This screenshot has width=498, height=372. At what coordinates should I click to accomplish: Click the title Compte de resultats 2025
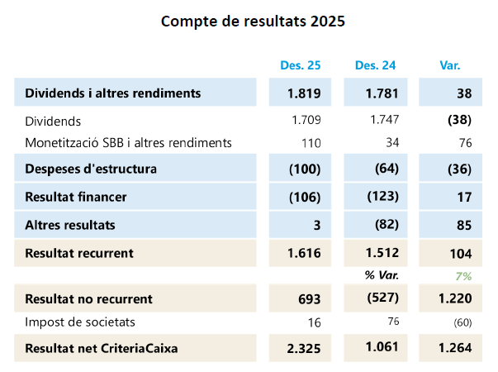[x=252, y=21]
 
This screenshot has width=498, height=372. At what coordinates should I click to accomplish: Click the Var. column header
[x=450, y=65]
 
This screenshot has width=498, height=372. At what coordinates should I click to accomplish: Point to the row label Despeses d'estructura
[x=91, y=169]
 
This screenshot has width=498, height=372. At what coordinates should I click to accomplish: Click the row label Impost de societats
[x=80, y=322]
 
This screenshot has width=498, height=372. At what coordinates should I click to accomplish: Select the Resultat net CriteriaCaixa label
[x=102, y=349]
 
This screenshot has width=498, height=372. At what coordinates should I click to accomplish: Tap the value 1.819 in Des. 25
[x=304, y=93]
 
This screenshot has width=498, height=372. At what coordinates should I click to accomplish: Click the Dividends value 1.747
[x=382, y=120]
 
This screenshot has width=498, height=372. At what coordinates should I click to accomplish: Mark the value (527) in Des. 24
[x=382, y=297]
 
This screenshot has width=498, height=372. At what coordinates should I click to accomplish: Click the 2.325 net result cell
[x=304, y=349]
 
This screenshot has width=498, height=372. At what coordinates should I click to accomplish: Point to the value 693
[x=309, y=298]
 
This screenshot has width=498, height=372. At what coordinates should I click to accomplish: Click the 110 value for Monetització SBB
[x=311, y=143]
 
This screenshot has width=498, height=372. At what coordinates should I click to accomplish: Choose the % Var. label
[x=382, y=275]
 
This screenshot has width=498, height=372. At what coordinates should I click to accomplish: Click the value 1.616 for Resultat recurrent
[x=304, y=253]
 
